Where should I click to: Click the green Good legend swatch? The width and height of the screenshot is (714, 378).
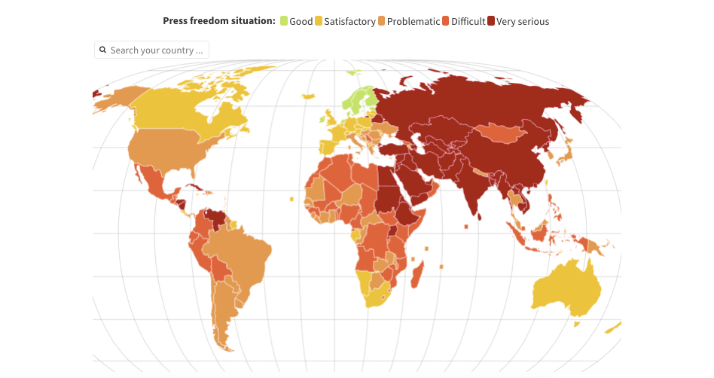point(284,21)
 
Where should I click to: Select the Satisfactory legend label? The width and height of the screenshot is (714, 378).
point(349,22)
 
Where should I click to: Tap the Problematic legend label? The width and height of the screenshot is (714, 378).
point(413,22)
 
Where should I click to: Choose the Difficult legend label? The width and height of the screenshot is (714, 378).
point(468,22)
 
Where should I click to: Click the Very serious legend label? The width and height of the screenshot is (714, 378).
point(523,22)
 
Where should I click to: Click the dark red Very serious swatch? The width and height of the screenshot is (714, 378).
point(491,21)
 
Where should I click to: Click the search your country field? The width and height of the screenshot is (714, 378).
point(157,50)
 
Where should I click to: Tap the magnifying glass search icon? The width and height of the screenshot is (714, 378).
point(103,50)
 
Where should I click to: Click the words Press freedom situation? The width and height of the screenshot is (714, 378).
point(219,21)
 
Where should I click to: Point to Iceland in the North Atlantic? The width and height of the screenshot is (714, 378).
point(307,96)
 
